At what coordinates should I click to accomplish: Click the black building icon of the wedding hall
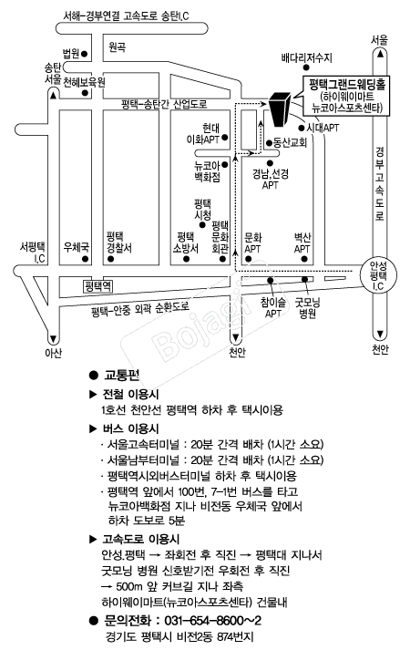tap(282, 108)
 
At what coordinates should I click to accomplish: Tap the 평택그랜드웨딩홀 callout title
tap(347, 85)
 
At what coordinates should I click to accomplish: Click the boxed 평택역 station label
tap(98, 286)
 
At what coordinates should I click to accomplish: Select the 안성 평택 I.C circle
tap(378, 274)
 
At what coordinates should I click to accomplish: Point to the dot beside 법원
tap(84, 54)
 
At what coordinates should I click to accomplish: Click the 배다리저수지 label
tap(306, 57)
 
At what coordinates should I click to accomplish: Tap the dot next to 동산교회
tap(269, 143)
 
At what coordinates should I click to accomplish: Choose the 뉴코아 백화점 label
tap(207, 171)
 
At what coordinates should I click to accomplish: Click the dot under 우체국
tap(86, 259)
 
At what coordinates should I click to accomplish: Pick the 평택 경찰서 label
tap(118, 242)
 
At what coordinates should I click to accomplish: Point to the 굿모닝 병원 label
tap(307, 308)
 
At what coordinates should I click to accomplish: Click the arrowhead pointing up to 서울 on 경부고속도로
tap(379, 54)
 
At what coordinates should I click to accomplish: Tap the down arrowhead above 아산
tap(53, 339)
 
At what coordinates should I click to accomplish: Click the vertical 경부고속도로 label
tap(380, 183)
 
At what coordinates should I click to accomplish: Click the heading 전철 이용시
tap(130, 394)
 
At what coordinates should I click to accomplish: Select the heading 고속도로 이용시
tap(141, 539)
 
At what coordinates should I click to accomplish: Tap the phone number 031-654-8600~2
tap(213, 621)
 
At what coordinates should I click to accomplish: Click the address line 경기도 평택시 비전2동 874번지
tap(179, 636)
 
